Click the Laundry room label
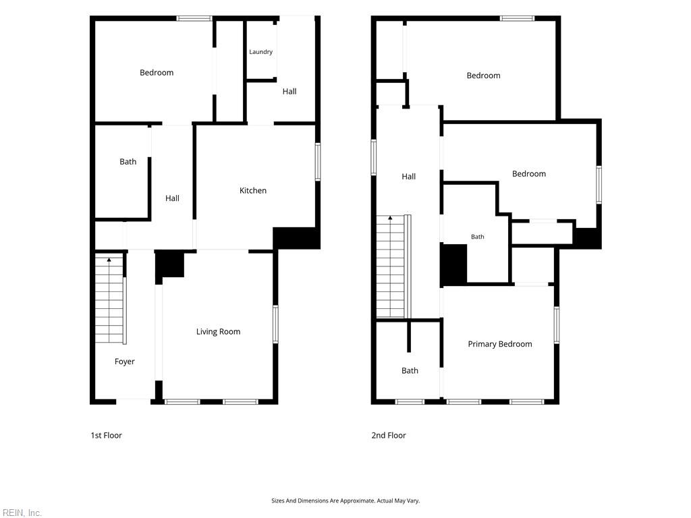point(261,52)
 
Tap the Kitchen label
point(253,191)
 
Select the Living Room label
point(218,332)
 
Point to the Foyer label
point(124,362)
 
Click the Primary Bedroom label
point(500,344)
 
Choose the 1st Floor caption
point(106,435)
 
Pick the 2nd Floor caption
point(389,435)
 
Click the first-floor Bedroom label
point(157,73)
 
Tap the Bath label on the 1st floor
point(128,162)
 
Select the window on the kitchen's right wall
point(318,162)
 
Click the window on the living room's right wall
point(275,324)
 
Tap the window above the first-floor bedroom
point(194,18)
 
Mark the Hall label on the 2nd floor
point(408,177)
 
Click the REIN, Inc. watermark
point(21,513)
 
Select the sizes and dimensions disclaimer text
point(345,501)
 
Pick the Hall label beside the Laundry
point(289,92)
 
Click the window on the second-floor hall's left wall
point(374,157)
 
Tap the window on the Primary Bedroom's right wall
point(557,324)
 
